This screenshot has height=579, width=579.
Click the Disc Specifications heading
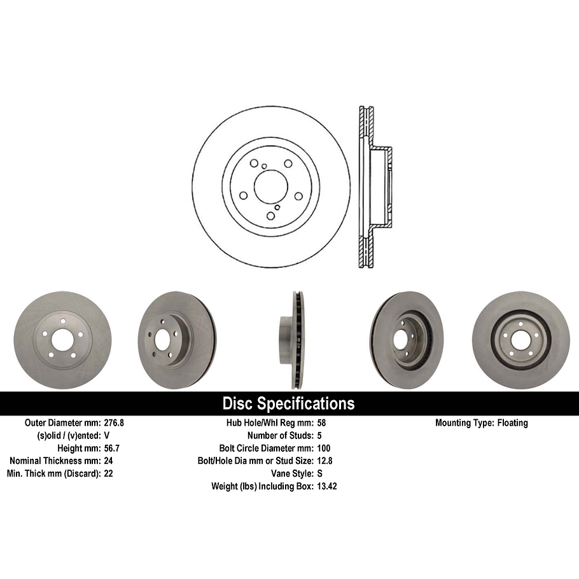[288, 403]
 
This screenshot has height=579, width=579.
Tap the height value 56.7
[112, 448]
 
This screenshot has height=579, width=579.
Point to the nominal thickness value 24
[108, 461]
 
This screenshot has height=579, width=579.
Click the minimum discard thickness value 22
[108, 473]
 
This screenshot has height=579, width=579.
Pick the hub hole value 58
[321, 422]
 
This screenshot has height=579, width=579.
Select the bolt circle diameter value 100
[323, 448]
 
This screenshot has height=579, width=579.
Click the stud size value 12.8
[324, 461]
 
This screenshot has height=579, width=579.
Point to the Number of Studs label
[280, 435]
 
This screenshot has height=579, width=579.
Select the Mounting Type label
[463, 422]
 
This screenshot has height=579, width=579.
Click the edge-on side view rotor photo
[294, 340]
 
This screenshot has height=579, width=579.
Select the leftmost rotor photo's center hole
[62, 340]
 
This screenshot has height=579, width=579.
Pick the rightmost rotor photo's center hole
[520, 339]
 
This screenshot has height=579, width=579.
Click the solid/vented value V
[106, 435]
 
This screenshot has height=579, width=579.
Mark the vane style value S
[319, 473]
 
